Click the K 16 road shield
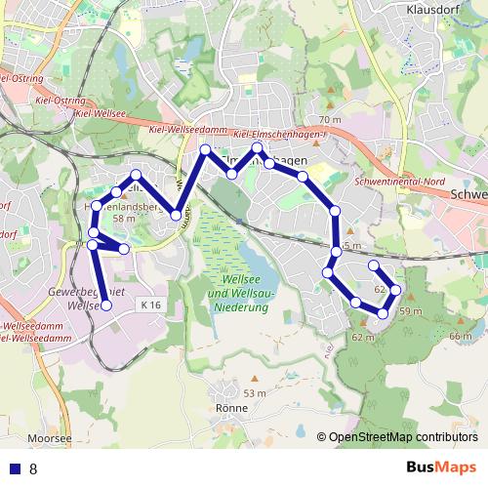pos(149,305)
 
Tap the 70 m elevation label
pos(330,120)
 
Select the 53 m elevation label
pos(254,392)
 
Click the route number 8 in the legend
pos(33,469)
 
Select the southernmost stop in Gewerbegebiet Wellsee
pos(106,306)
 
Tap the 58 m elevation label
pos(123,220)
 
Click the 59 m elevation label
pos(410,311)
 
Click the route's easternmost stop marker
pos(396,290)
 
